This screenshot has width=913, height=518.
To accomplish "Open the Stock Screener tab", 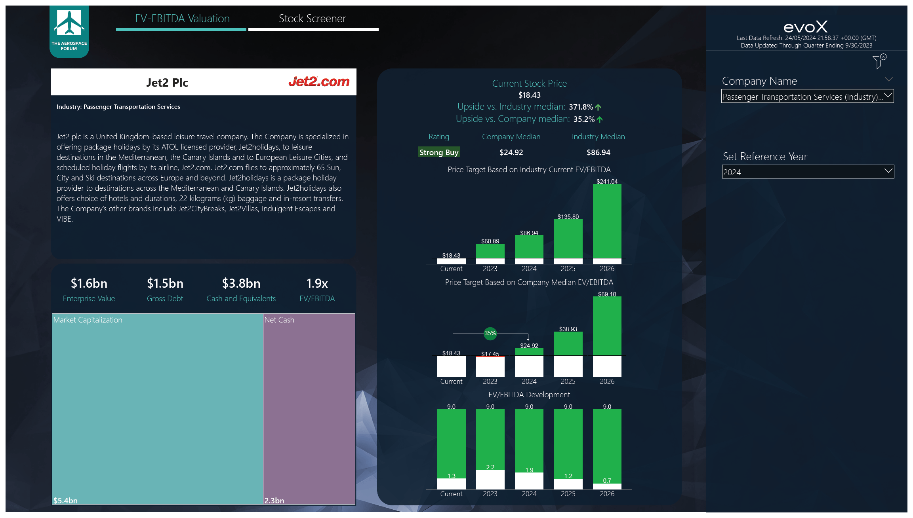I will click(312, 19).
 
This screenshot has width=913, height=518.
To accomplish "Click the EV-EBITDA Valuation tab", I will click(182, 19).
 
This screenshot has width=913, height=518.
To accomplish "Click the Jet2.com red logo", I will click(319, 82).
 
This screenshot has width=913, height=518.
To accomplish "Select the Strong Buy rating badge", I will click(438, 152).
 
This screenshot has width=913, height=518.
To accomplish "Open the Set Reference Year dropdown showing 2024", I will click(808, 172).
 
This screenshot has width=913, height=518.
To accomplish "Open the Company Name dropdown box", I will click(807, 96).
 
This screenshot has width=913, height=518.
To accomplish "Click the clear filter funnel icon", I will click(879, 61).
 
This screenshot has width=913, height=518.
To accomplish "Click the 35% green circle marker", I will click(490, 333).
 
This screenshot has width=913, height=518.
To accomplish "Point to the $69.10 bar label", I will click(607, 294).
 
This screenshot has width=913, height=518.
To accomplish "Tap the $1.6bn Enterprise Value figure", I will click(89, 283).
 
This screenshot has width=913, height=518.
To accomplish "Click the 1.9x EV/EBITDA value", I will click(317, 283).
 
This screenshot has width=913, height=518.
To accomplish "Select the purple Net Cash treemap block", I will click(309, 408).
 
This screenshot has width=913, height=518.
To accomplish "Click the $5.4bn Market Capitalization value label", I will click(65, 501).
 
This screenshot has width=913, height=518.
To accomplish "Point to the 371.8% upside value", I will click(581, 107).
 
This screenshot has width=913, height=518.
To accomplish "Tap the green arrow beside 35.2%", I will click(600, 119).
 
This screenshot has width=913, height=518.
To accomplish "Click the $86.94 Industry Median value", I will click(598, 152).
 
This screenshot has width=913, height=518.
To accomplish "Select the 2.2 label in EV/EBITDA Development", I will click(490, 467).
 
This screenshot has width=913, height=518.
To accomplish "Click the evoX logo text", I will click(806, 27).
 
